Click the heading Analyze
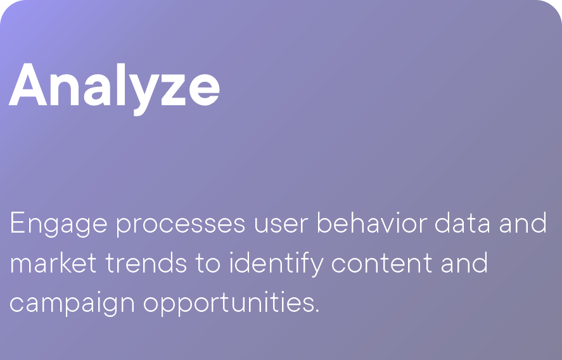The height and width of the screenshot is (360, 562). (114, 89)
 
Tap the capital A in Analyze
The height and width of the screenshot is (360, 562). (28, 84)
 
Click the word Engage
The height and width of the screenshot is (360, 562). (58, 224)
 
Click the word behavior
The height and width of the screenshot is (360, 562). (372, 222)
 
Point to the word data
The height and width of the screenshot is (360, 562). (463, 222)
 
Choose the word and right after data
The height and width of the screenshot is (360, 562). (523, 222)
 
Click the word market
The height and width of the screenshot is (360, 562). (53, 262)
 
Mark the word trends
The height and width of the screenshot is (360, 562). (146, 262)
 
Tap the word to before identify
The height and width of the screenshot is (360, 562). (208, 264)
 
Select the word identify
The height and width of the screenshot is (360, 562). (276, 264)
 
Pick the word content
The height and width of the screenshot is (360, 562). (381, 264)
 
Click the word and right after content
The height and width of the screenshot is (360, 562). (464, 262)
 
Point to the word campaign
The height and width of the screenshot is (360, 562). (72, 303)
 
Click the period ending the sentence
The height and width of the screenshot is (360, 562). (317, 311)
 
